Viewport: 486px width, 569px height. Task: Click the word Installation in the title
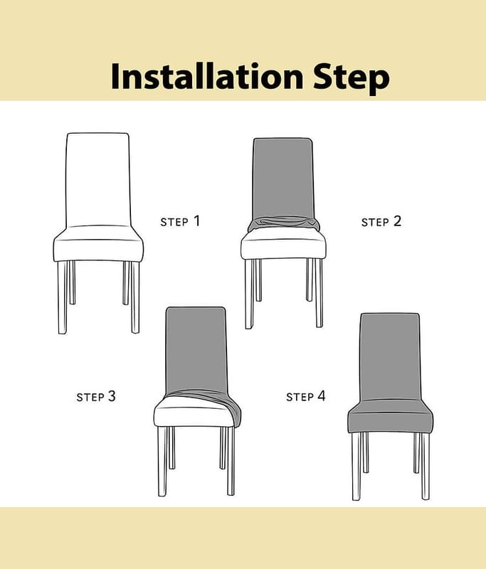(207, 76)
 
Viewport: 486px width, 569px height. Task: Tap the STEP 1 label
(180, 221)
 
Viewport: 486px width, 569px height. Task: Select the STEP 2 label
(381, 221)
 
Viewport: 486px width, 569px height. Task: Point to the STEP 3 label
(96, 396)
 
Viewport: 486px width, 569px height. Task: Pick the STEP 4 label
(305, 396)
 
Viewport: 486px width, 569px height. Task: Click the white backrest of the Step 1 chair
(98, 180)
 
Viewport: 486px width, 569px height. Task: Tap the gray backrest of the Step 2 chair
(282, 178)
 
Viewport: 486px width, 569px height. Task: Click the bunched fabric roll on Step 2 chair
(283, 224)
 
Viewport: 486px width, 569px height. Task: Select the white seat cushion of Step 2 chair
(283, 245)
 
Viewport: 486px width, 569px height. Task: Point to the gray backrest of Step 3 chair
(196, 350)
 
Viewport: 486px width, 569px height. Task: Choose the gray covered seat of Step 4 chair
(391, 418)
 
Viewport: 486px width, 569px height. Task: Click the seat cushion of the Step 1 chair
(98, 244)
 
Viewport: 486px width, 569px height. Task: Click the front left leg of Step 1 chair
(63, 297)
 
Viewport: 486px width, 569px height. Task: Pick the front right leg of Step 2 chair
(319, 293)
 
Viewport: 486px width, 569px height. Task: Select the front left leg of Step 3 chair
(162, 461)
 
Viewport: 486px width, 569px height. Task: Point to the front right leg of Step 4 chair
(425, 467)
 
